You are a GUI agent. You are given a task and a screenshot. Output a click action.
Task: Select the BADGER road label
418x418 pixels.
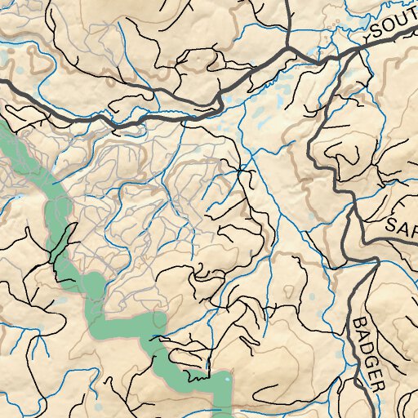(x=368, y=353)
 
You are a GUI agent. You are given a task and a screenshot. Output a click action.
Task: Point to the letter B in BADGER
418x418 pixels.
(x=361, y=323)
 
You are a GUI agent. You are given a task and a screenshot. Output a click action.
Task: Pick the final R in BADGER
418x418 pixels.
(x=376, y=384)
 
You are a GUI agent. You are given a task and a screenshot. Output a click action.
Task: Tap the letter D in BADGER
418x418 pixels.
(x=366, y=346)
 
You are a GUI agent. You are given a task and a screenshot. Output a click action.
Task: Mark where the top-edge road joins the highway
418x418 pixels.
(x=291, y=49)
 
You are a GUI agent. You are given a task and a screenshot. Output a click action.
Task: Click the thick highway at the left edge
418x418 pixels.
(x=2, y=82)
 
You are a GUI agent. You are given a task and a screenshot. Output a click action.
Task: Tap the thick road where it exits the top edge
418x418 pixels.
(x=289, y=2)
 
